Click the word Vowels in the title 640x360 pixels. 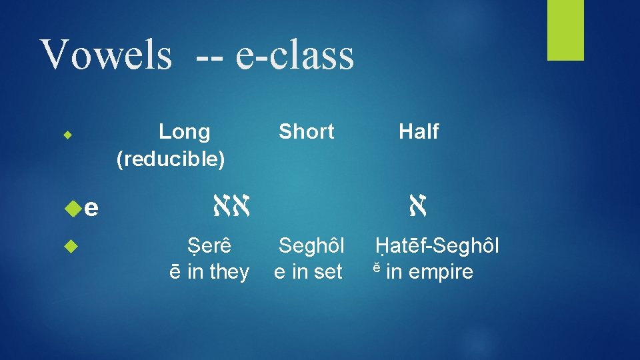pos(106,54)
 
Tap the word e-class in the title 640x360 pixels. pos(294,54)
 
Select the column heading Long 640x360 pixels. pos(184,132)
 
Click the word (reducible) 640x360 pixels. pos(171,159)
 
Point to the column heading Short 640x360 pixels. pos(306,132)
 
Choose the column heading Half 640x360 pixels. pos(418,132)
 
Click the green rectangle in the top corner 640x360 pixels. pos(565,30)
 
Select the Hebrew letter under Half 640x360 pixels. pos(418,207)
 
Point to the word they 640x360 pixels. pos(229,272)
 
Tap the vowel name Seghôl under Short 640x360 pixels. pos(311,247)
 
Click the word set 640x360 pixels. pos(327,272)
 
